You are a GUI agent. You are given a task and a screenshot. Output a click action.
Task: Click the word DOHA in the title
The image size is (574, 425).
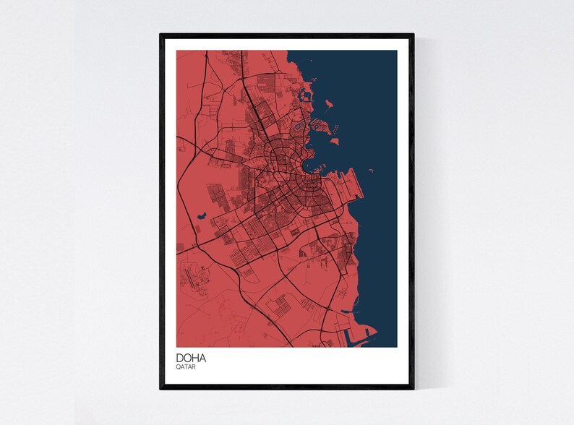(x=189, y=357)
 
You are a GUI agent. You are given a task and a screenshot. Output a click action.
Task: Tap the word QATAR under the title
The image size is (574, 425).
(x=185, y=367)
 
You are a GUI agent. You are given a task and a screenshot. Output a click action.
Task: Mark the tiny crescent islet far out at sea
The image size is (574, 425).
(x=370, y=171)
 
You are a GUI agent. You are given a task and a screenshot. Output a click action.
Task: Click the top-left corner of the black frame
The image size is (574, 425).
(x=160, y=33)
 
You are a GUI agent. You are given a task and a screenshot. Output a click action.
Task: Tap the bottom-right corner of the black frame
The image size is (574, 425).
(x=414, y=390)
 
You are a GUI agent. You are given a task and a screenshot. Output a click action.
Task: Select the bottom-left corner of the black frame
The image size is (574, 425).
(x=160, y=390)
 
